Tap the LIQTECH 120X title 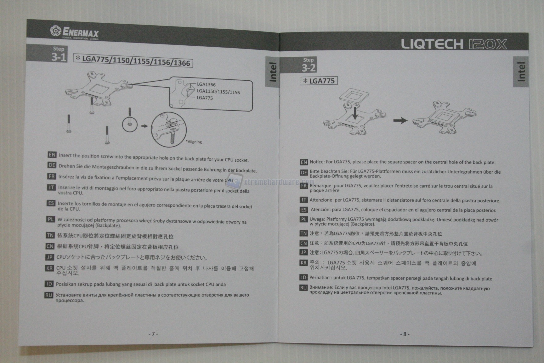click(454, 44)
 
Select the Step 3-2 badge click(309, 65)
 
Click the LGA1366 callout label click(206, 84)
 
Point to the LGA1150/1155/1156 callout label click(218, 92)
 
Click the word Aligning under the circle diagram click(194, 142)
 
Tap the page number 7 click(153, 334)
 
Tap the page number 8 click(405, 334)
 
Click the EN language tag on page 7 click(52, 155)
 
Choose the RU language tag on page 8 click(303, 288)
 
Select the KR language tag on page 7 click(49, 268)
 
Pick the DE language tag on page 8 click(304, 172)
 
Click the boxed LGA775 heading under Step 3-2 click(319, 81)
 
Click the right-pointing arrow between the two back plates click(400, 120)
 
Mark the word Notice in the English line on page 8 click(317, 162)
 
